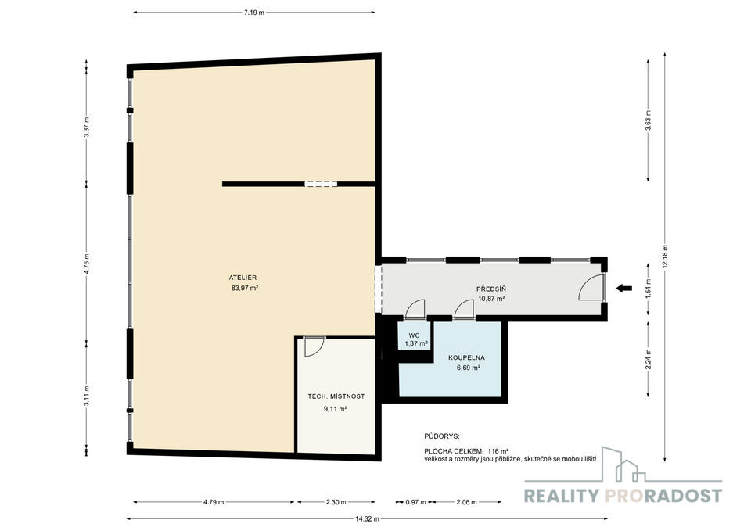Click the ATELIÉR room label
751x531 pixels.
243,278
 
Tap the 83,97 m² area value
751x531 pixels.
245,289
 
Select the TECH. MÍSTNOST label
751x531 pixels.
336,396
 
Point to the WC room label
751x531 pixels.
415,335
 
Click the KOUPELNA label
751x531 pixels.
466,357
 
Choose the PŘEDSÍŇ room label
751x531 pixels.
491,289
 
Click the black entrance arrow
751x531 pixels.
623,289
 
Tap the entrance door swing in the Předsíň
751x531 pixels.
592,289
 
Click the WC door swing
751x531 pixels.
415,309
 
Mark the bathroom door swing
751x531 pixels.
464,309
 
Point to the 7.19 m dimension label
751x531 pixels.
253,13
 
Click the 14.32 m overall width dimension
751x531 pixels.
368,518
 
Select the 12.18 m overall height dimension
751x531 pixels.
665,257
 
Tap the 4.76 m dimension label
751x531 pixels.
87,263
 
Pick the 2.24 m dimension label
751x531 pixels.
649,359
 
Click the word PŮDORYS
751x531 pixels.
441,436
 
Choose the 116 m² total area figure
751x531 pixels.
498,451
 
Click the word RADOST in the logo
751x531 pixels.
681,496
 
